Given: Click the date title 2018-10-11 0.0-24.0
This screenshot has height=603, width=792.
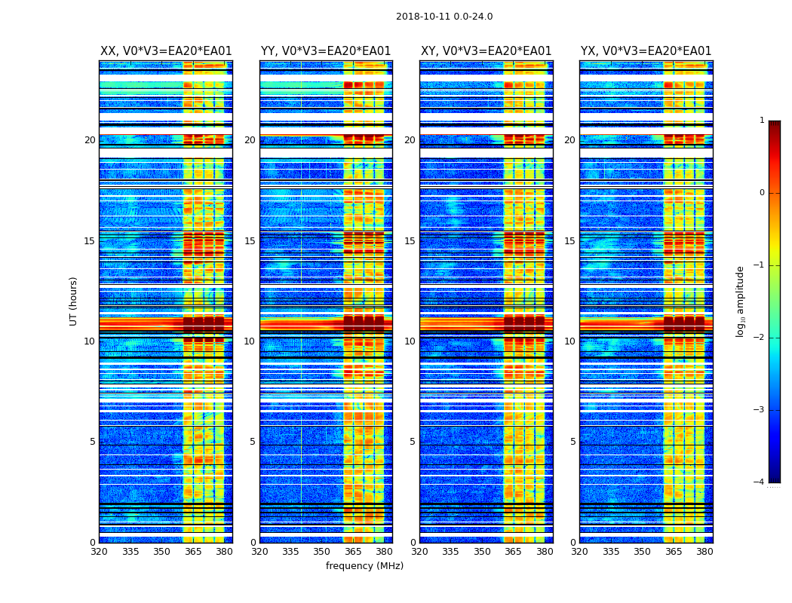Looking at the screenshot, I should (x=444, y=17).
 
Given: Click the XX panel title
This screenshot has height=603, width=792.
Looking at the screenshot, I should (x=166, y=51).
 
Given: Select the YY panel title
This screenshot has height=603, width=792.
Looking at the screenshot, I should (x=326, y=51).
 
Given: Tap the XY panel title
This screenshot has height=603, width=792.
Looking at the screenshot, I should (x=486, y=51).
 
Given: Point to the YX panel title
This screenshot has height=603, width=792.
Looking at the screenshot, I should (x=646, y=51).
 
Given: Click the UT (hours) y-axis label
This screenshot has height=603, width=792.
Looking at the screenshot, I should (x=73, y=301).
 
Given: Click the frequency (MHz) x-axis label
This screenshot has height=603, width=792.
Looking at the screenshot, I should (x=364, y=566).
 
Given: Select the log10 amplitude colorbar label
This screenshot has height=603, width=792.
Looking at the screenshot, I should (x=741, y=301).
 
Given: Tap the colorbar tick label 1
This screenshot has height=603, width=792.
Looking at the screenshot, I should (x=762, y=121).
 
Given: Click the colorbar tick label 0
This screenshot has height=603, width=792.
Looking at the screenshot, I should (x=762, y=193).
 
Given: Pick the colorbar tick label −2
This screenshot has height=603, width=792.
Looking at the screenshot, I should (x=760, y=338).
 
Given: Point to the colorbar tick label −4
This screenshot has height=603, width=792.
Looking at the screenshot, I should (x=760, y=482).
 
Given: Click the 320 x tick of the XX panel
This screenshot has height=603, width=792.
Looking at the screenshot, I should (x=100, y=552).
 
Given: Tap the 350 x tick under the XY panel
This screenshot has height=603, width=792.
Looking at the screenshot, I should (x=482, y=552).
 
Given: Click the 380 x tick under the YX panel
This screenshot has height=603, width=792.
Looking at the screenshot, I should (x=705, y=552).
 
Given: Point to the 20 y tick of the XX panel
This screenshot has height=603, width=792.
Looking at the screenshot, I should (x=90, y=140).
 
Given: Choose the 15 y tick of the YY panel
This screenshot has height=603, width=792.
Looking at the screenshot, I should (x=250, y=241).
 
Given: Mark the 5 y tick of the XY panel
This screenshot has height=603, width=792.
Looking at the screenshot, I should (x=413, y=442).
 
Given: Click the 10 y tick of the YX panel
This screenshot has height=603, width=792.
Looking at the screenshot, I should (x=569, y=341).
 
